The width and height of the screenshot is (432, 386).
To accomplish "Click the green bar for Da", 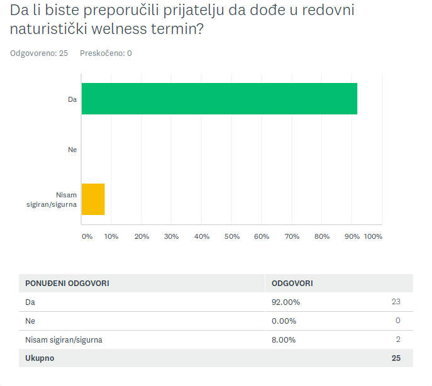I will click(219, 99).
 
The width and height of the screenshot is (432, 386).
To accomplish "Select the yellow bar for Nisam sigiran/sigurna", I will click(93, 199).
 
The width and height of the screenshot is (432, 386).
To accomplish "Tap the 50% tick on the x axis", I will click(232, 236).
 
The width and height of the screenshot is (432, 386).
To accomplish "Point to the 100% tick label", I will click(373, 236).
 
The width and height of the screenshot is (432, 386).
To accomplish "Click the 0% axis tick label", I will click(87, 236).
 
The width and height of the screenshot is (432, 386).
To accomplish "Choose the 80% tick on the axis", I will click(322, 236).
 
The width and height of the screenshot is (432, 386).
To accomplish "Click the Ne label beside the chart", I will click(72, 150).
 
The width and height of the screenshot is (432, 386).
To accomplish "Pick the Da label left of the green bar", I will click(72, 99).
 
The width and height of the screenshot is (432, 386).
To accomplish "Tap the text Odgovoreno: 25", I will click(39, 53).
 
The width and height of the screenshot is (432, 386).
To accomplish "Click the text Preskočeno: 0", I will click(106, 53).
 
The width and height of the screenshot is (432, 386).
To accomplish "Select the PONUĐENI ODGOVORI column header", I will click(67, 283).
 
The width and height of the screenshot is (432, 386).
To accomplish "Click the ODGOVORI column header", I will click(292, 283).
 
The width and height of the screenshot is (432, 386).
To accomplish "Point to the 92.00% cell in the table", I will click(285, 302).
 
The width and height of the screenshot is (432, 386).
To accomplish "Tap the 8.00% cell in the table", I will click(284, 339).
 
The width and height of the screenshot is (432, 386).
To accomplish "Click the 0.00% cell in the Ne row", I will click(284, 321).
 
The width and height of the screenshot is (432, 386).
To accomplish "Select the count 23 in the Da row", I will click(396, 302).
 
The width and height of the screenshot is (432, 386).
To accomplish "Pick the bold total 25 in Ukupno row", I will click(396, 358).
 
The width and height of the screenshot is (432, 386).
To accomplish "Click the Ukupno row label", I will click(40, 358).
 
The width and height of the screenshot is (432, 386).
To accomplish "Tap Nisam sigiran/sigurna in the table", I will click(64, 339).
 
